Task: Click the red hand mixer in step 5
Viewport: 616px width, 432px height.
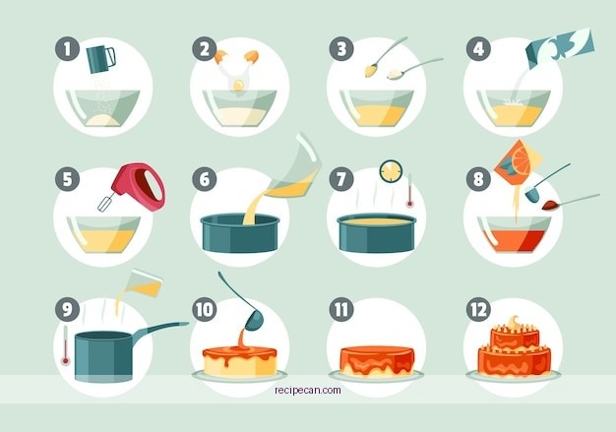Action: pos(140,185)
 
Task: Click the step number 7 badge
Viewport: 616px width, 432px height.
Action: pos(341,180)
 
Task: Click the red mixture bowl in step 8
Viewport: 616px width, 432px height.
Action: pos(513,234)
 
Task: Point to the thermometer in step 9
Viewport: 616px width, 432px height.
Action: pos(65,346)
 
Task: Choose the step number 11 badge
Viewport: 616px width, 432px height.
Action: pos(341,310)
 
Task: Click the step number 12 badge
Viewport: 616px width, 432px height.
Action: pos(478,310)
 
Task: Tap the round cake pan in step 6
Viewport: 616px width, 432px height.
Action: pos(239,232)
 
